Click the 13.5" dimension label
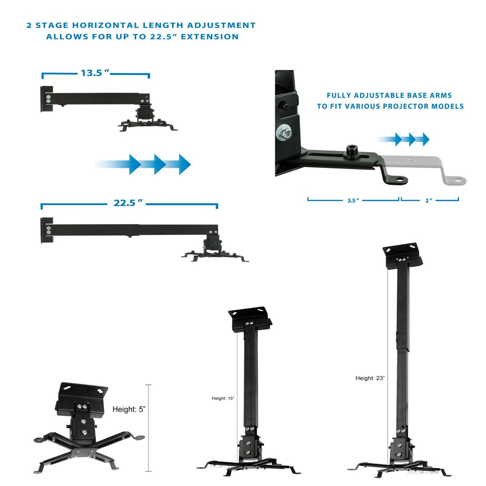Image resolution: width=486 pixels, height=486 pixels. coord(95,73)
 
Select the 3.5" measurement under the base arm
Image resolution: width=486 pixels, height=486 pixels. coord(352,200)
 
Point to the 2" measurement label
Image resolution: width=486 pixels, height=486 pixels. coord(429,200)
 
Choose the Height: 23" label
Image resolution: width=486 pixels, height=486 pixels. coord(370,378)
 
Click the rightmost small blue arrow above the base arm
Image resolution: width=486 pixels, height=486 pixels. coord(423,139)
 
